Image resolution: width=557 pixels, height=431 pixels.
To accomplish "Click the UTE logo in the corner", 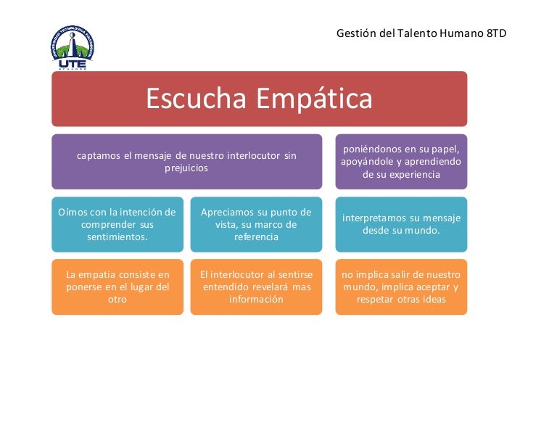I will [73, 47].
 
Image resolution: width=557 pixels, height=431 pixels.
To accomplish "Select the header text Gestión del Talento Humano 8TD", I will [421, 33].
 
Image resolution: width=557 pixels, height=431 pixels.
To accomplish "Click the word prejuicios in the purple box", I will [186, 168].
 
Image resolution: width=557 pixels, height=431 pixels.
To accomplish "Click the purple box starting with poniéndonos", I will [401, 162].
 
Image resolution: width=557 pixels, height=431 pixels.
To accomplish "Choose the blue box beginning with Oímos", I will [117, 224].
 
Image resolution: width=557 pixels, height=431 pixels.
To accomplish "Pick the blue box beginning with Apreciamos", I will [256, 224].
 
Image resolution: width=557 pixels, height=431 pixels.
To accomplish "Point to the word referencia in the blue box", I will [256, 237].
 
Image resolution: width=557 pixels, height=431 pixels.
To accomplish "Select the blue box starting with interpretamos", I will [401, 224].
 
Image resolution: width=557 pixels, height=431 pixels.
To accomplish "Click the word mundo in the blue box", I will [424, 231].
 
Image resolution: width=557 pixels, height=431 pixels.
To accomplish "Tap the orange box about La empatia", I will [117, 287].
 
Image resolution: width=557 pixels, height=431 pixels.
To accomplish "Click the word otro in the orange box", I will [117, 299].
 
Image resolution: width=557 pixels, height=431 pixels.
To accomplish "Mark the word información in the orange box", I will [256, 299].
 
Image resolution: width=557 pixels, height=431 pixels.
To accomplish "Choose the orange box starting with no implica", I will [401, 287].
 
